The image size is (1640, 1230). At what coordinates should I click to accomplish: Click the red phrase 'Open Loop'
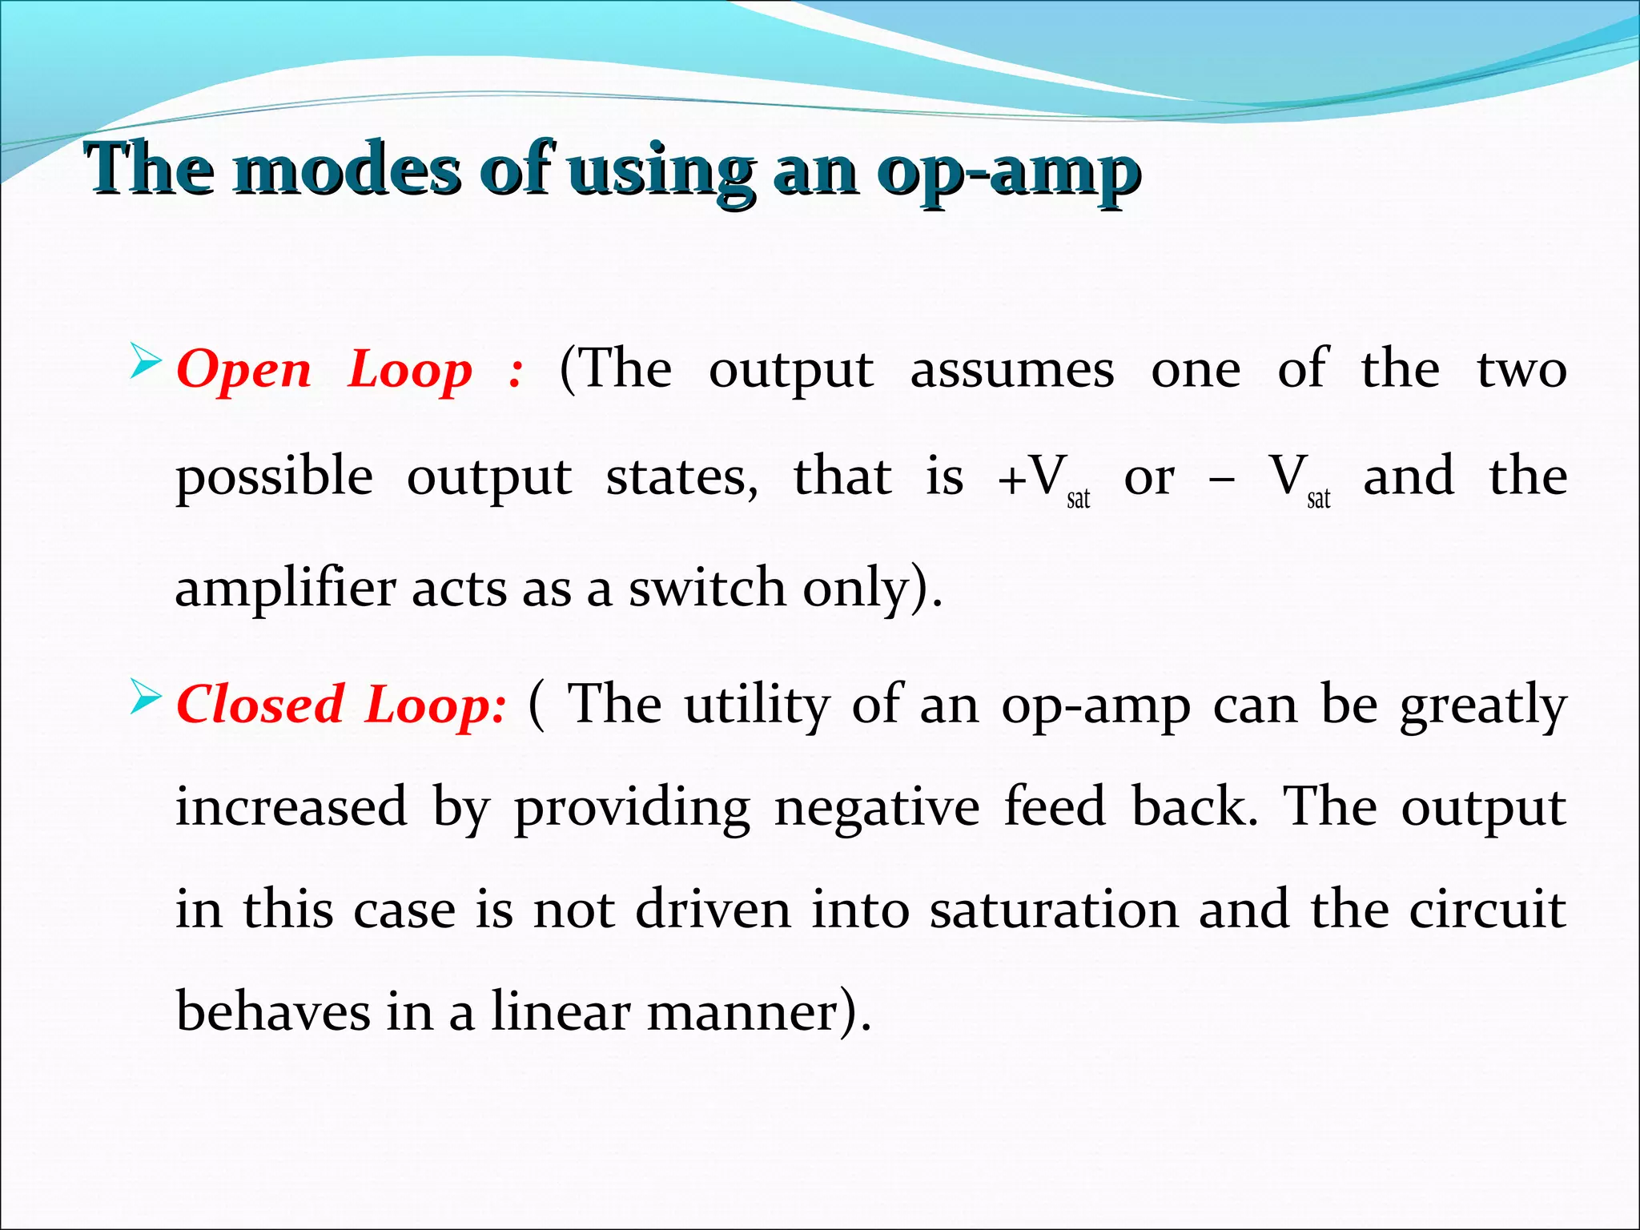pyautogui.click(x=324, y=371)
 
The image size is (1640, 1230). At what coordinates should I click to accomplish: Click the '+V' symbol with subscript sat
pyautogui.click(x=1041, y=478)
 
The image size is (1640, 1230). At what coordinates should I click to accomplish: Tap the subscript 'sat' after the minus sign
pyautogui.click(x=1318, y=499)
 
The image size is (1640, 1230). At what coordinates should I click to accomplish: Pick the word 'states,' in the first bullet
pyautogui.click(x=682, y=478)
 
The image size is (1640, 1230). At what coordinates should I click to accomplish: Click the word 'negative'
pyautogui.click(x=876, y=807)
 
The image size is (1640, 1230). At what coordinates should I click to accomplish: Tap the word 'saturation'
pyautogui.click(x=1054, y=910)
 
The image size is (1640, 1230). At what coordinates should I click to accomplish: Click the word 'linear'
pyautogui.click(x=561, y=1011)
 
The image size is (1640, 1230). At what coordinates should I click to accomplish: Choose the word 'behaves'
pyautogui.click(x=273, y=1011)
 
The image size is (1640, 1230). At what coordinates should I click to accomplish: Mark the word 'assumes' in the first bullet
pyautogui.click(x=1012, y=371)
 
